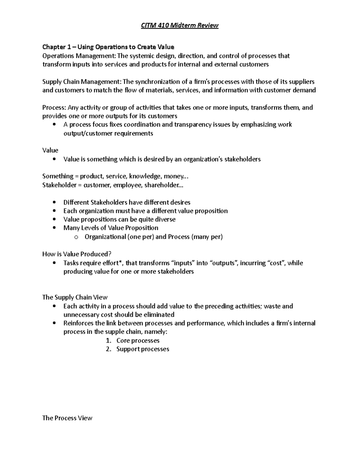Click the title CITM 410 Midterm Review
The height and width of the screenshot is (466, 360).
[180, 26]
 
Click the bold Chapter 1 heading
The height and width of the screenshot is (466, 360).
[108, 47]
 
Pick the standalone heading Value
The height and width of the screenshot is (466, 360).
[50, 150]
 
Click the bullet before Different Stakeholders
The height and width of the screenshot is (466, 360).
[54, 202]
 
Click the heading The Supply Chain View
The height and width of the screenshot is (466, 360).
[75, 297]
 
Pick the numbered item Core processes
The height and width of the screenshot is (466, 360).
[138, 341]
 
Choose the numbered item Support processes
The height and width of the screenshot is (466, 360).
[142, 349]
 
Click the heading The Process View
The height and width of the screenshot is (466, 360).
[67, 418]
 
